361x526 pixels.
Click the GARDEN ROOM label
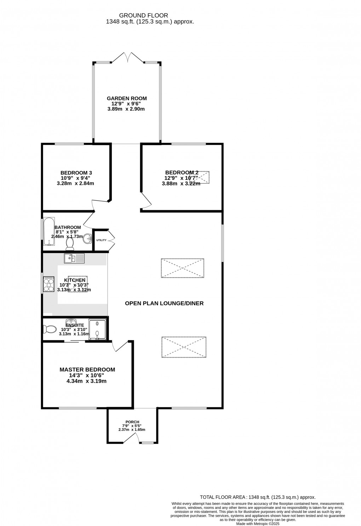(x=127, y=98)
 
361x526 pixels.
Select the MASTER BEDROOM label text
(x=87, y=370)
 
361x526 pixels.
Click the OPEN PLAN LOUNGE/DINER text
(x=164, y=303)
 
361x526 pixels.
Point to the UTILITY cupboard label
(x=101, y=240)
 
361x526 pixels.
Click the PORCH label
(x=132, y=422)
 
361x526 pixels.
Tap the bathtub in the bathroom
(x=48, y=232)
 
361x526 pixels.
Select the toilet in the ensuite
(x=50, y=330)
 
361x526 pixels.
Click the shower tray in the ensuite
(x=97, y=330)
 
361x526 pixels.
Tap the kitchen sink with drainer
(x=74, y=258)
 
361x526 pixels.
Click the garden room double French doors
(x=127, y=57)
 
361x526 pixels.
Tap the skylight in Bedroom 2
(x=200, y=177)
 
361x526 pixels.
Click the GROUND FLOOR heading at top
(x=143, y=15)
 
